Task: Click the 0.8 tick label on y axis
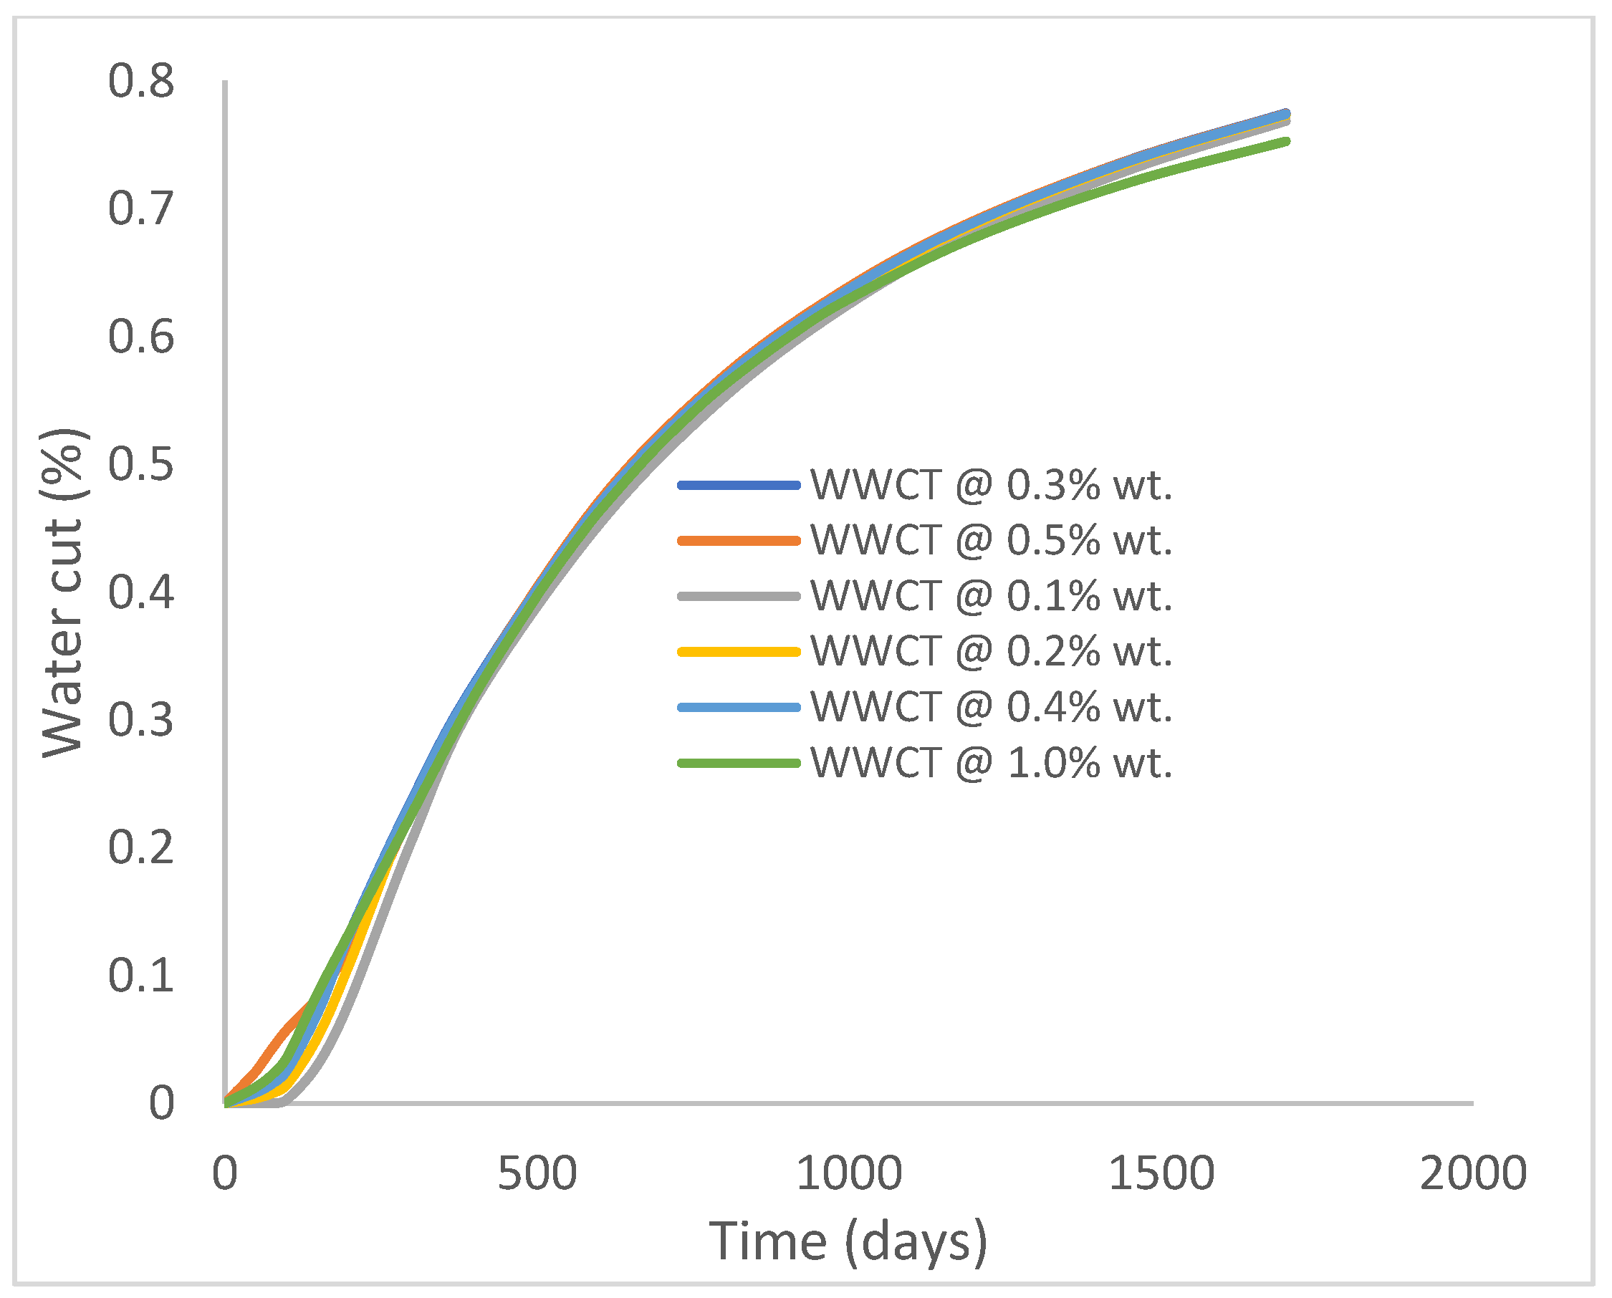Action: [141, 81]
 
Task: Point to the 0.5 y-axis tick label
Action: [141, 464]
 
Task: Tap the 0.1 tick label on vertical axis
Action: [141, 975]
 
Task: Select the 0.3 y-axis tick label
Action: [141, 719]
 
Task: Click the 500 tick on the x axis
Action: [537, 1173]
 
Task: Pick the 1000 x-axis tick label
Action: [848, 1173]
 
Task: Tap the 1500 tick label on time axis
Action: [1161, 1173]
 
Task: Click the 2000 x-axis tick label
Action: [1472, 1173]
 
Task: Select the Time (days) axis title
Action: [848, 1242]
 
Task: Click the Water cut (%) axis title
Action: [64, 592]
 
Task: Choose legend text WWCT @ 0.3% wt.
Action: [992, 485]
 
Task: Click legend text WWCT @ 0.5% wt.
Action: [992, 540]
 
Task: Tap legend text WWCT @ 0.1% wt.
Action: [992, 596]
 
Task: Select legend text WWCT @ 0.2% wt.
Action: [992, 651]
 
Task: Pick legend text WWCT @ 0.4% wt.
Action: [992, 706]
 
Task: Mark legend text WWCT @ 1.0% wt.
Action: [992, 764]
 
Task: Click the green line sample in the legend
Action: [739, 764]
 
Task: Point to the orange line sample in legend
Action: [739, 541]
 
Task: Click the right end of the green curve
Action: [1286, 141]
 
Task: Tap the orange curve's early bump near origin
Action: [284, 1027]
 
